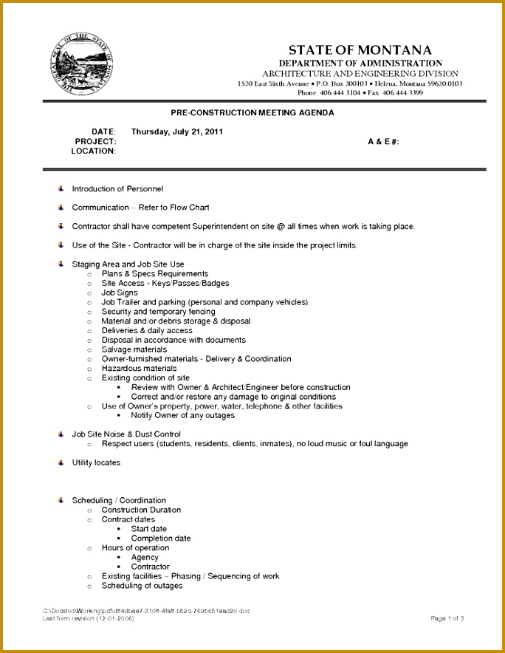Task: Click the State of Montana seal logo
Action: point(83,64)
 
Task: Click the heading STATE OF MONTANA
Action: point(360,50)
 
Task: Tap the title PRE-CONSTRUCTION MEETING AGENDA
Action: point(252,113)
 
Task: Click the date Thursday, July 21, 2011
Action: point(177,131)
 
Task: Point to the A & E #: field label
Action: point(383,141)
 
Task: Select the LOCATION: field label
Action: point(94,151)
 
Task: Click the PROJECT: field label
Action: point(96,141)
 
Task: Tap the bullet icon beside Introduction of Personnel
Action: point(61,189)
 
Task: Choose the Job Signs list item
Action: point(120,293)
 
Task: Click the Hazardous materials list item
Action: point(139,368)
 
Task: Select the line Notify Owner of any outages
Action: point(183,415)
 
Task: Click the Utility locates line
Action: point(96,462)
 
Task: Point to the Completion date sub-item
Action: point(161,539)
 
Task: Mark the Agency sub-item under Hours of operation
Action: point(145,557)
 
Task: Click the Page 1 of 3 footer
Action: point(447,618)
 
